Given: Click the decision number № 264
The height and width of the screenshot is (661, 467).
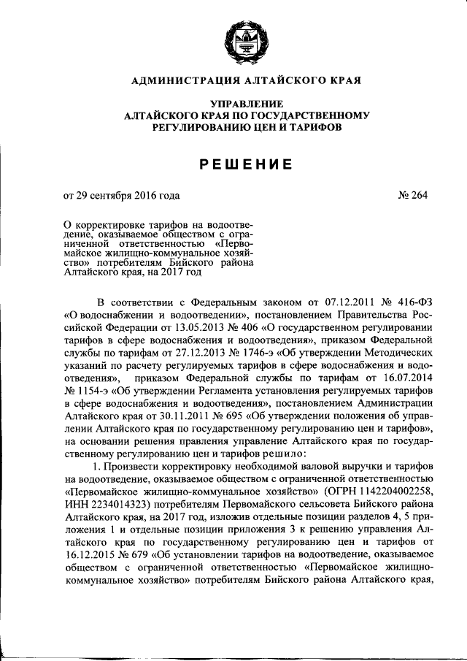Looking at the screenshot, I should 413,195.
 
